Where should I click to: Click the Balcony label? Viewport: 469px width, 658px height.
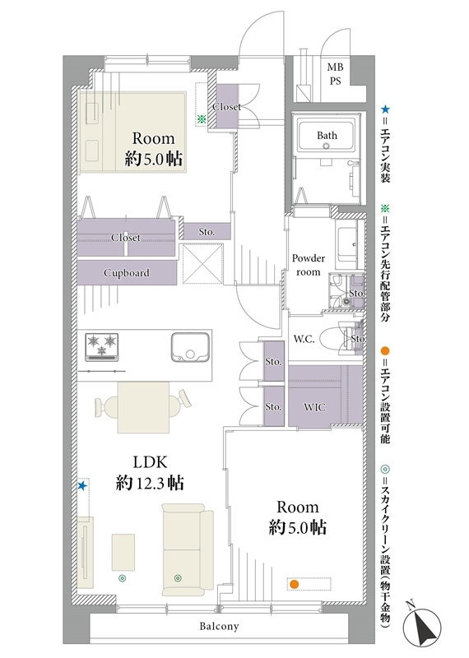(219, 627)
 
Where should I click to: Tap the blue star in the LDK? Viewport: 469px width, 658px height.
(82, 486)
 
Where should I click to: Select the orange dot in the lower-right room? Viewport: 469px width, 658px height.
(295, 584)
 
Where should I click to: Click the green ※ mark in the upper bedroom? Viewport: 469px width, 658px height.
(202, 119)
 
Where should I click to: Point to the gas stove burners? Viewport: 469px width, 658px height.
(101, 346)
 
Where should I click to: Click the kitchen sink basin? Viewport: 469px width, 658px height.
(190, 346)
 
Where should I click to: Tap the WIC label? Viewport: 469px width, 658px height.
(314, 407)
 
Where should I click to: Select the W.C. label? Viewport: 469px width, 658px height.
(304, 339)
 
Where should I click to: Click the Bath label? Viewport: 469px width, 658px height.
(327, 135)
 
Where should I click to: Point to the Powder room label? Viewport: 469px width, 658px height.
(309, 265)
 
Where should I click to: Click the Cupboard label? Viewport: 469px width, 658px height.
(127, 273)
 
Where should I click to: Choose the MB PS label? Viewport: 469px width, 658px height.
(335, 74)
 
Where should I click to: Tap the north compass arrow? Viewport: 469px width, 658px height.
(422, 623)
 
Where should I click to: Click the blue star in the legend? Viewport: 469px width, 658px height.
(385, 110)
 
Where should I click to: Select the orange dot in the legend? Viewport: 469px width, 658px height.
(385, 351)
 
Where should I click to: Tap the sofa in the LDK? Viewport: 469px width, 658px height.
(188, 549)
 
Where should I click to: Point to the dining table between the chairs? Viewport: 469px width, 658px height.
(144, 407)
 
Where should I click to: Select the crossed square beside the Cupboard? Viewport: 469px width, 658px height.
(202, 265)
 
